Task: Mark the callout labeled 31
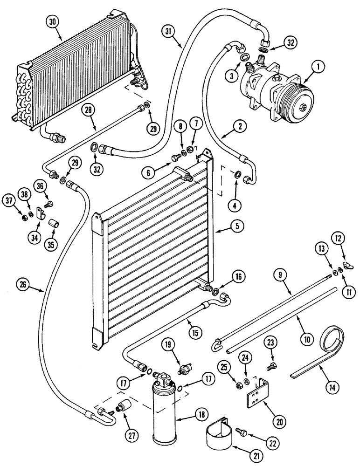pos(170,32)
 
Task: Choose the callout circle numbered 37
pos(22,201)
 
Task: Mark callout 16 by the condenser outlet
pos(239,277)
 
